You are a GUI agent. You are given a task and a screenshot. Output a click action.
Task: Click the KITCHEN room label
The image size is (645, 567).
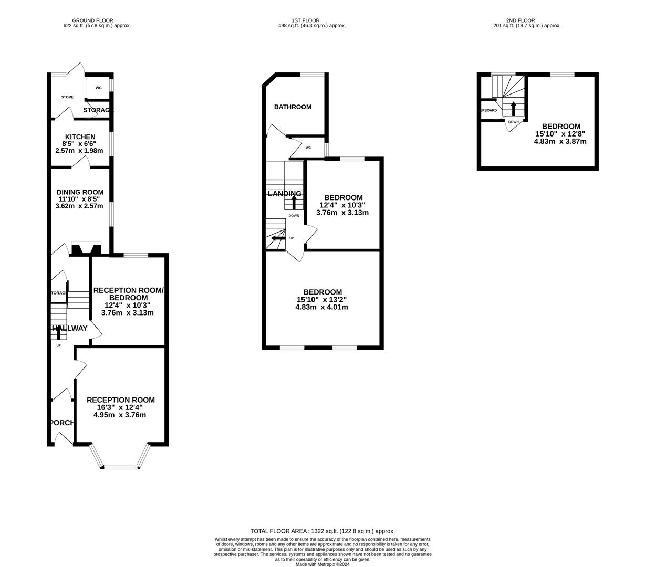pos(80,137)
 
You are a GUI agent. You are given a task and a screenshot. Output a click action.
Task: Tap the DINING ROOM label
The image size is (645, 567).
pos(80,192)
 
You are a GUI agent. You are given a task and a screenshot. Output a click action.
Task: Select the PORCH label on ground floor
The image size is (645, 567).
pos(61,423)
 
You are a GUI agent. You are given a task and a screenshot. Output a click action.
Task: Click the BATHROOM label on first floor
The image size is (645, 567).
pos(293,107)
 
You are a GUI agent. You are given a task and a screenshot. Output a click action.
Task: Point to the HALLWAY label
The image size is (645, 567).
pos(69,329)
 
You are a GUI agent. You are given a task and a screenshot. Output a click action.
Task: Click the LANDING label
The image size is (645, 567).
pos(284,194)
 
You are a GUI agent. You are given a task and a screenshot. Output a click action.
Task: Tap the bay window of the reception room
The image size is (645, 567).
pos(120,466)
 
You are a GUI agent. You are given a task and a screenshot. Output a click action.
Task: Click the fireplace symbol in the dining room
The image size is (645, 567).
pos(86,248)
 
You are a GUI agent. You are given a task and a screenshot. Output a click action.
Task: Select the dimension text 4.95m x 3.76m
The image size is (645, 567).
pos(120,415)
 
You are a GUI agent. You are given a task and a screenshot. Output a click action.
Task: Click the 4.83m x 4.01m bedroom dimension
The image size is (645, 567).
pos(321,307)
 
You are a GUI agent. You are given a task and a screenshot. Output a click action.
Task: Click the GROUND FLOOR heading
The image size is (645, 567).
pos(92,20)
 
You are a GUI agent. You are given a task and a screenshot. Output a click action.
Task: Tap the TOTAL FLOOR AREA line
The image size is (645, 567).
pos(322,531)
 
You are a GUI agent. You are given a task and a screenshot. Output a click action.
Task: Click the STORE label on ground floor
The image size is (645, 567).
pos(67,97)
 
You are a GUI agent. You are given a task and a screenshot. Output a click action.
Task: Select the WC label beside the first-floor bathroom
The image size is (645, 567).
pos(308,148)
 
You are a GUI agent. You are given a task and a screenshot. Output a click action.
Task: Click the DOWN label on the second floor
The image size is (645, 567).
pos(513,122)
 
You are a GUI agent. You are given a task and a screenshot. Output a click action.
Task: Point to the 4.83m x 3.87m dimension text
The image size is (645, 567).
pos(560,141)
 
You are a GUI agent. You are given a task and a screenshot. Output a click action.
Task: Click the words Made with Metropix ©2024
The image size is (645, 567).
pos(322,564)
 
